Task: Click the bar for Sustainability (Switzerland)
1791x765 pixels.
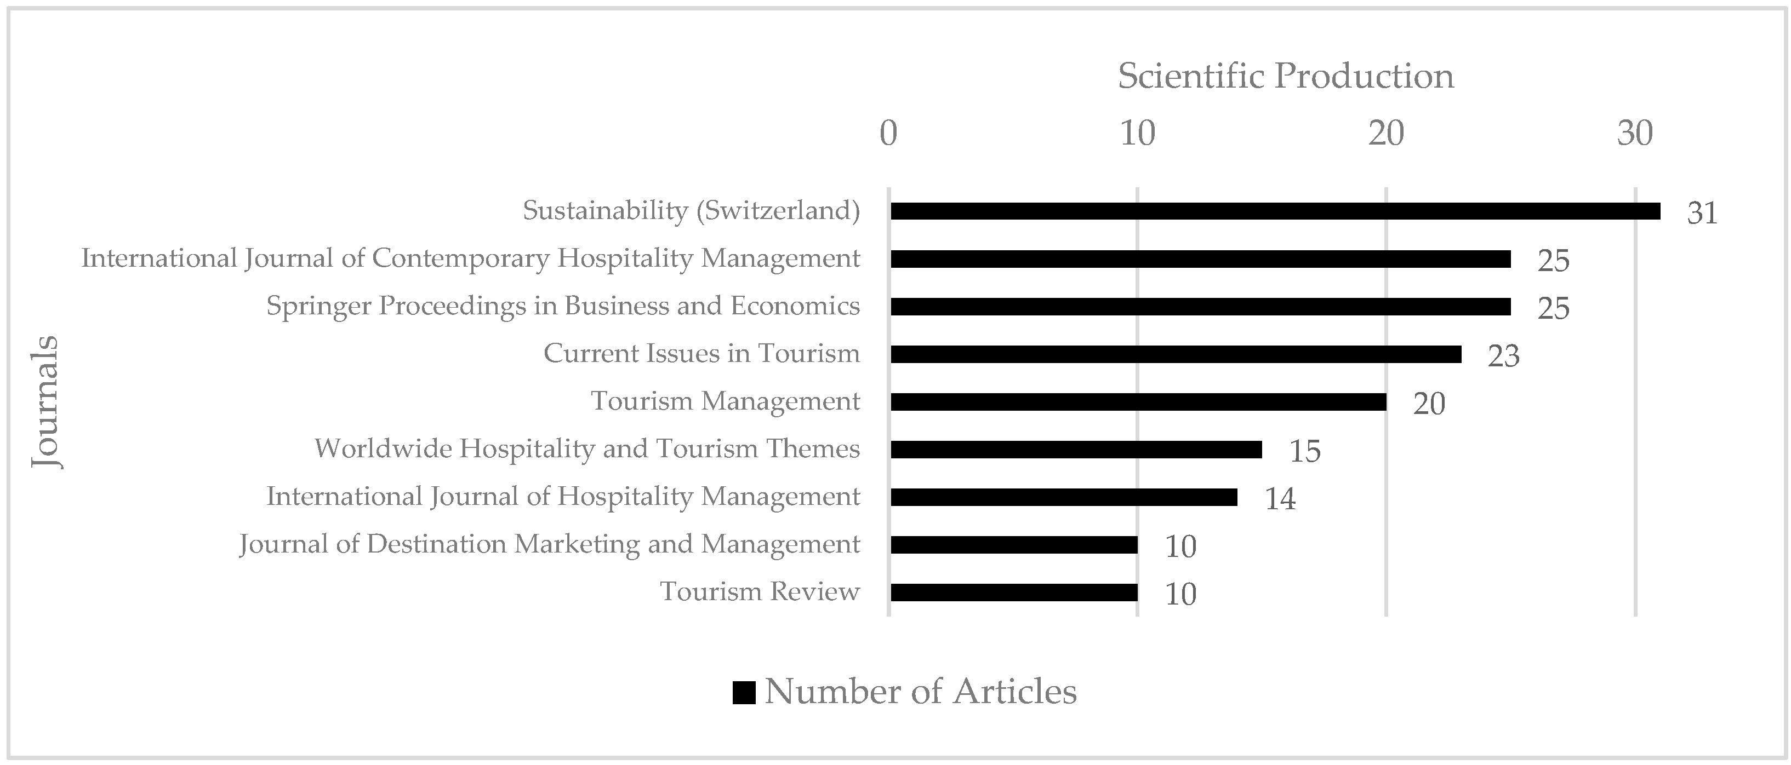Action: pyautogui.click(x=1275, y=211)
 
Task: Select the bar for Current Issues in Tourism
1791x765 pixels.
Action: pyautogui.click(x=1176, y=354)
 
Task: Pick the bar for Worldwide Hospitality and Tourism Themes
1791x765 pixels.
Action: pyautogui.click(x=1076, y=450)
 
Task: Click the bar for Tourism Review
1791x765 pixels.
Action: pyautogui.click(x=1014, y=593)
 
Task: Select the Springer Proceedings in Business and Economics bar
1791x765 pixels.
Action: pyautogui.click(x=1201, y=307)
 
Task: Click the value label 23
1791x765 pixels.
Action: pyautogui.click(x=1503, y=356)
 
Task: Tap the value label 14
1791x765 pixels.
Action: pyautogui.click(x=1279, y=499)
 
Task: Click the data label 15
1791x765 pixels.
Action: pyautogui.click(x=1304, y=451)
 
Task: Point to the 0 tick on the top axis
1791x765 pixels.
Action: pyautogui.click(x=888, y=133)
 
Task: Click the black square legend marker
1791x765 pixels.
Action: pyautogui.click(x=743, y=693)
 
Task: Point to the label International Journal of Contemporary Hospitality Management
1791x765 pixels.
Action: pyautogui.click(x=471, y=258)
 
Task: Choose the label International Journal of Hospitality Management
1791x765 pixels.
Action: pyautogui.click(x=563, y=496)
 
